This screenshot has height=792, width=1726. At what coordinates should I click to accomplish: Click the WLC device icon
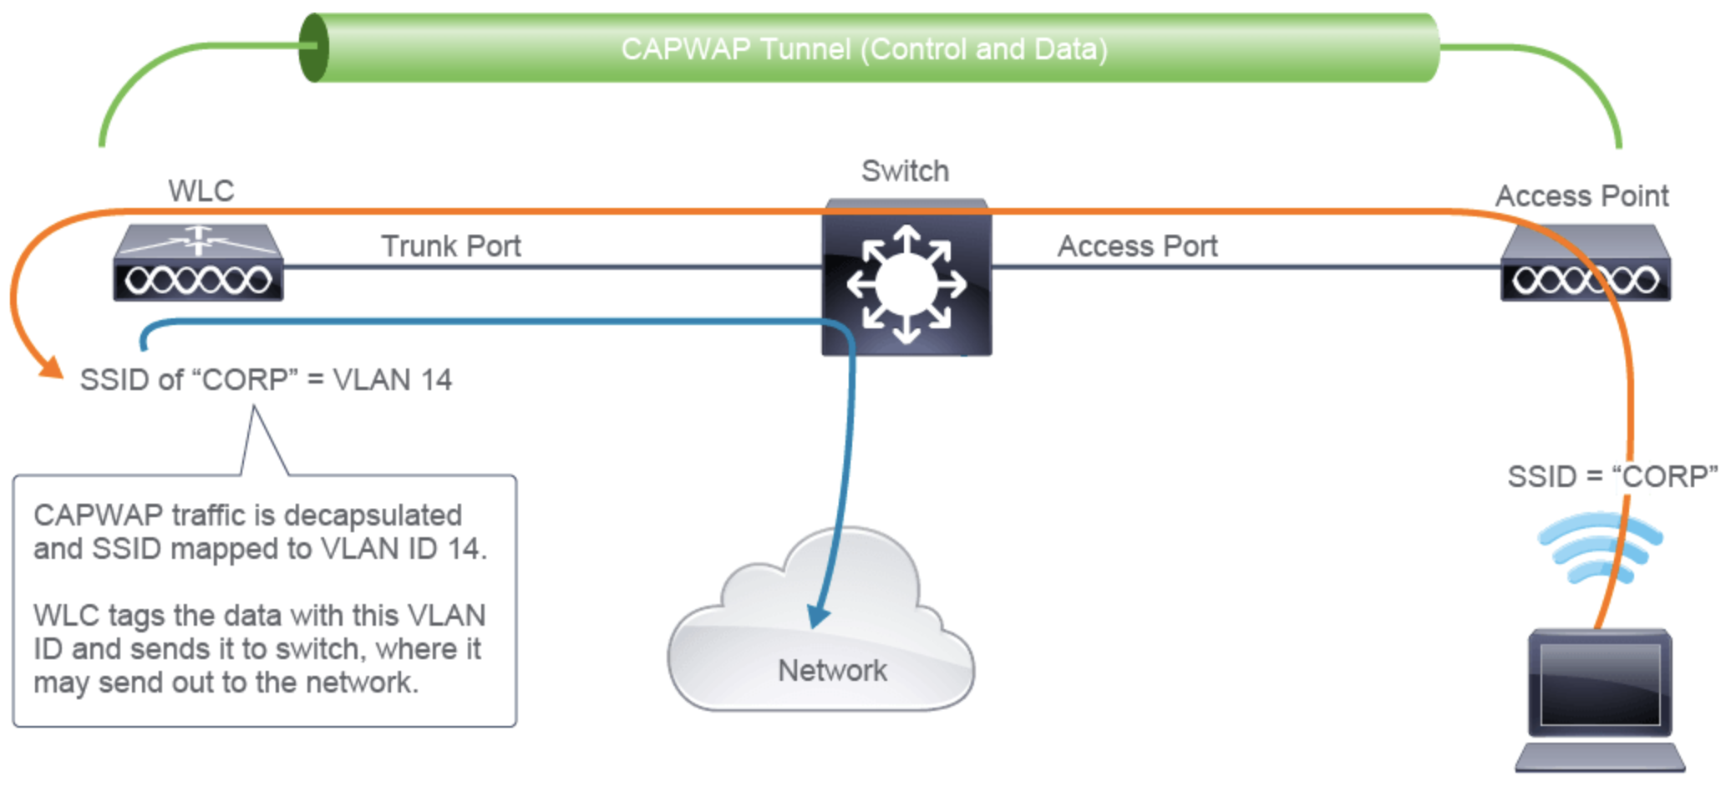198,263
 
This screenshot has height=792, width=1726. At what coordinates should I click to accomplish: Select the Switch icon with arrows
906,280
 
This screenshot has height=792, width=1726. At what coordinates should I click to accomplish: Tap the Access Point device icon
1585,263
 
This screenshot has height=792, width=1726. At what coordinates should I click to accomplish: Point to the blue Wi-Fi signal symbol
1599,547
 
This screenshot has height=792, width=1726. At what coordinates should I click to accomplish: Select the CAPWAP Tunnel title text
864,49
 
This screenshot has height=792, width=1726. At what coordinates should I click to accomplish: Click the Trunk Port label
451,246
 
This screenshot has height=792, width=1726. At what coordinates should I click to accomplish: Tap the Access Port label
1137,246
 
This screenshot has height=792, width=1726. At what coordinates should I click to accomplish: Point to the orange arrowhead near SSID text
53,368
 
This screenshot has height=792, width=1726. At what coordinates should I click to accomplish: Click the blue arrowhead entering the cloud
818,618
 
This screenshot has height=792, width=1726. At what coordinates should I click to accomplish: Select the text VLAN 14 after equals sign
392,380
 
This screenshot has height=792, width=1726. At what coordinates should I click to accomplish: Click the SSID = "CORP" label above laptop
1612,476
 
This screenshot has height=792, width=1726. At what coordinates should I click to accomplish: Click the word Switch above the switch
905,171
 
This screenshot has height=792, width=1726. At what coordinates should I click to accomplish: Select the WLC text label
201,191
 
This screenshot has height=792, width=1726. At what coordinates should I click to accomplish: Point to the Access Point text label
1581,196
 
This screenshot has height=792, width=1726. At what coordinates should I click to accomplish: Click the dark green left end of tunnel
313,48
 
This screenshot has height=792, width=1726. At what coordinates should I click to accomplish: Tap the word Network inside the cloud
832,671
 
